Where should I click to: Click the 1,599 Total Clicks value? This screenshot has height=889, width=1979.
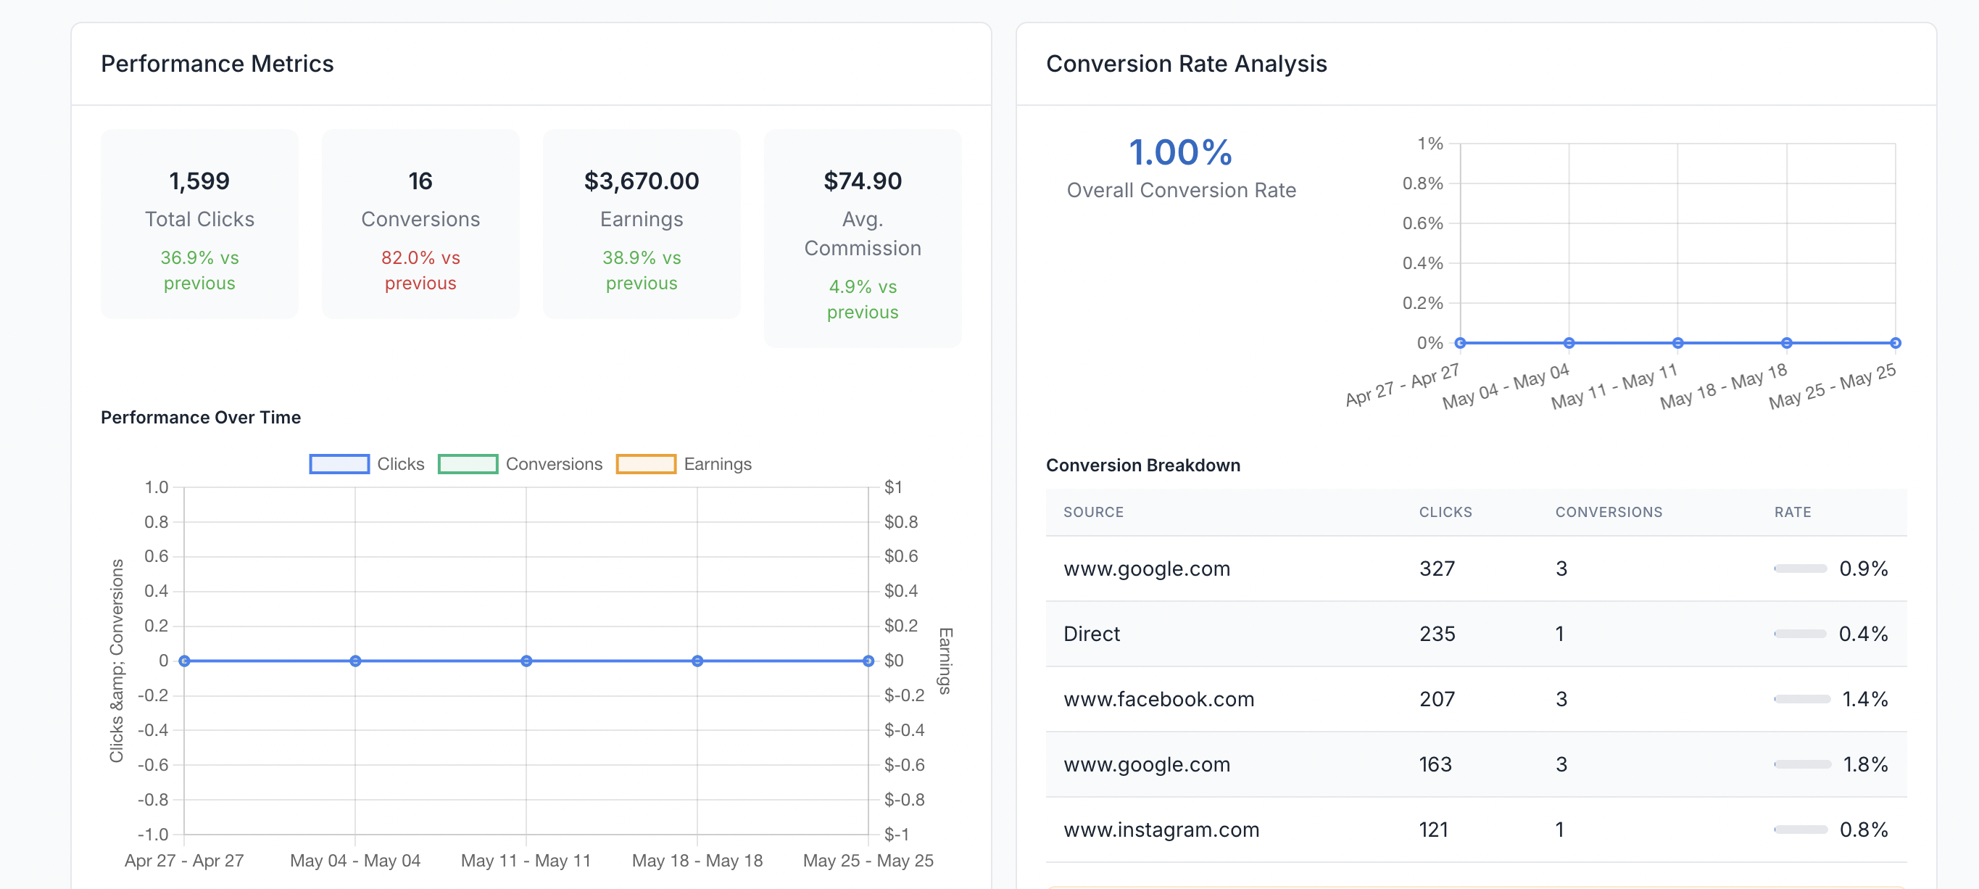coord(199,181)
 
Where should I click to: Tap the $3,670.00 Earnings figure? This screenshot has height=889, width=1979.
coord(641,181)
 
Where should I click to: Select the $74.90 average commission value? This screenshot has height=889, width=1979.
coord(862,181)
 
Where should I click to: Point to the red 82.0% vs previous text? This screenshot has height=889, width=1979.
coord(420,270)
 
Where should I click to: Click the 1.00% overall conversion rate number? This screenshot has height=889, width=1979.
coord(1180,152)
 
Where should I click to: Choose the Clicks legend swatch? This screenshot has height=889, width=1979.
coord(339,464)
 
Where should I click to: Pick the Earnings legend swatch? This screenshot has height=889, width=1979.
coord(645,464)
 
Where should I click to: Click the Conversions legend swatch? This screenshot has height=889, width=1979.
coord(467,464)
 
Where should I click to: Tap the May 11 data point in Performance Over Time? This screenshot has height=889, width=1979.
coord(526,661)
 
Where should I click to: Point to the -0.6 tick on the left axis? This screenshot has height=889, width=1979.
coord(154,764)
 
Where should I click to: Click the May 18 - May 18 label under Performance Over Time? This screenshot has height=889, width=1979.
coord(697,861)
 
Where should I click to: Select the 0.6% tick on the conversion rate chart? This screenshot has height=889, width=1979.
coord(1422,223)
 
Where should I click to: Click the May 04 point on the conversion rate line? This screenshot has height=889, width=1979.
coord(1569,343)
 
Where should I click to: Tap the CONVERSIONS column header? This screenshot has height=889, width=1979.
coord(1608,512)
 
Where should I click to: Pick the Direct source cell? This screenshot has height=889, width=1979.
coord(1091,634)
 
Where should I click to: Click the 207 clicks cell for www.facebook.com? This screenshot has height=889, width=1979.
coord(1436,699)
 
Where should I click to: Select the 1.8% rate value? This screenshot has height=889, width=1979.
coord(1864,764)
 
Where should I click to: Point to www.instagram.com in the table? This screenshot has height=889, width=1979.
coord(1161,830)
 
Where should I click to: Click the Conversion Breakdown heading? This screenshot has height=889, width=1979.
coord(1142,466)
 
